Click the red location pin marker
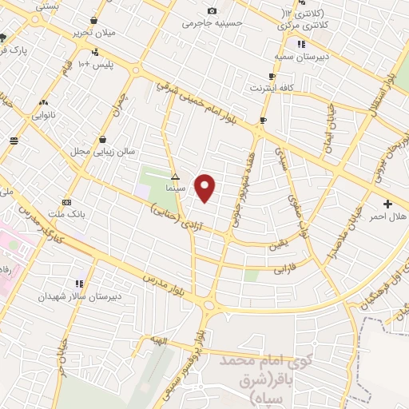click(x=206, y=188)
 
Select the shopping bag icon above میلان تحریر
click(x=94, y=20)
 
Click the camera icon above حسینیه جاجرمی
click(x=212, y=10)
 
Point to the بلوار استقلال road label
click(x=378, y=97)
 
